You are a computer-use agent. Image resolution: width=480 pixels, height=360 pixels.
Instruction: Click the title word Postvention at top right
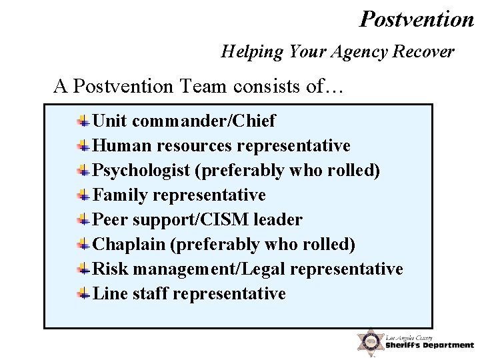click(417, 19)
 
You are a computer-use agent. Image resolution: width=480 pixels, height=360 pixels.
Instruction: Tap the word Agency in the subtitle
click(349, 51)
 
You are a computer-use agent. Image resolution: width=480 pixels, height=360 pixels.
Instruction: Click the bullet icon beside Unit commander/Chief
click(83, 121)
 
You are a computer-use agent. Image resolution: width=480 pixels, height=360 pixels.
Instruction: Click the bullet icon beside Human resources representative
click(83, 145)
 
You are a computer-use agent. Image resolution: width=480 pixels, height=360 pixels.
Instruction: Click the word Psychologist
click(142, 171)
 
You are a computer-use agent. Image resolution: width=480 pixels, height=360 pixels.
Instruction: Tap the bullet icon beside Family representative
click(83, 195)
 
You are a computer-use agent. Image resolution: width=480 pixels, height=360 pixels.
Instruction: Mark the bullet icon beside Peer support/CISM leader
click(83, 219)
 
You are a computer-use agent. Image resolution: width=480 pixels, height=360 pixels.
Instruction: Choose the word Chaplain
click(129, 244)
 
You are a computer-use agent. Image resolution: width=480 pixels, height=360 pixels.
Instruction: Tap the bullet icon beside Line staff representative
click(83, 293)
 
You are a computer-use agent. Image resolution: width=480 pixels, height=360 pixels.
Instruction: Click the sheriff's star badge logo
click(369, 341)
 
